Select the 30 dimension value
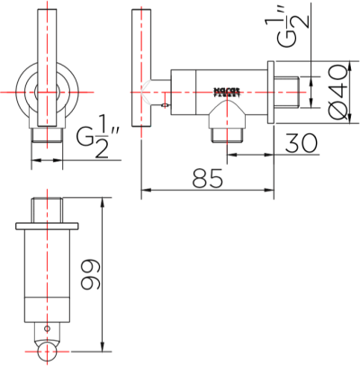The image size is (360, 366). (x=303, y=141)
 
